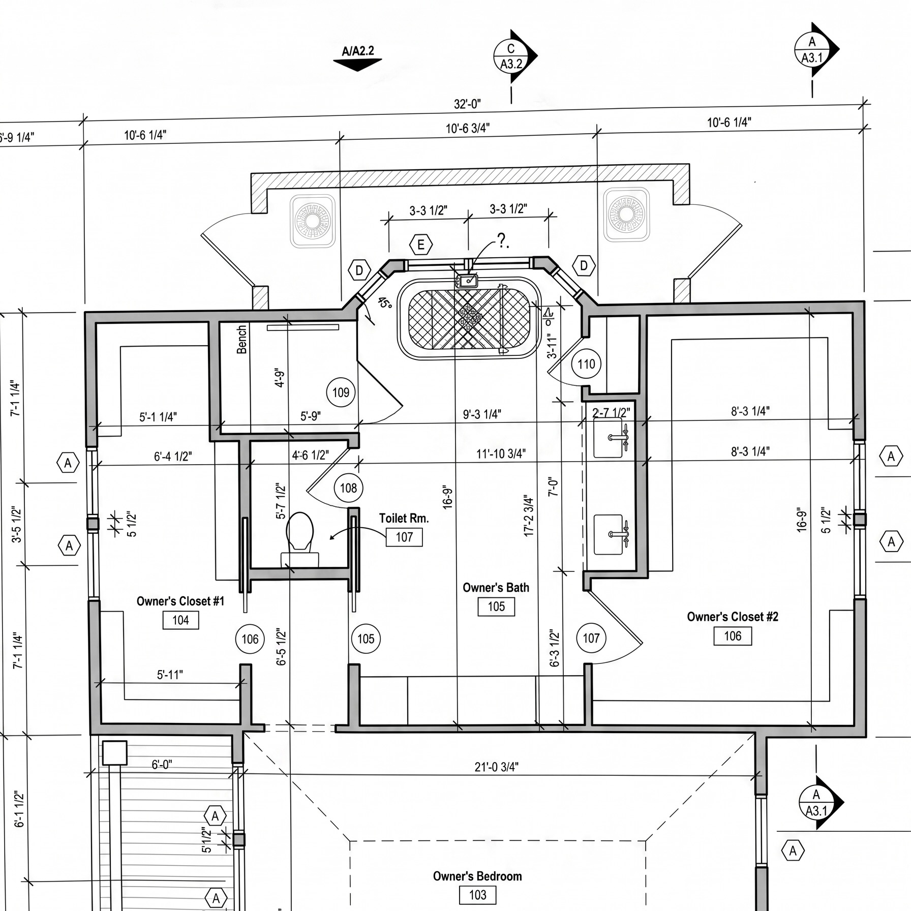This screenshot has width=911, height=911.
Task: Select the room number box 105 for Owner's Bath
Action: click(496, 606)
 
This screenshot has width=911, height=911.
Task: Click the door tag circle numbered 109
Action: click(341, 392)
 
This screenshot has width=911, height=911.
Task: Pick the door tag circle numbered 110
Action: click(586, 364)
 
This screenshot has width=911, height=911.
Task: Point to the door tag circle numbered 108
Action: click(348, 488)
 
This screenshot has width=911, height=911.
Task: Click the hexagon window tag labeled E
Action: click(421, 246)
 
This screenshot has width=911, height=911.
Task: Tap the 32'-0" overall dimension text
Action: click(467, 104)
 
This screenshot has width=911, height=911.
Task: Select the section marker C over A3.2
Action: click(511, 56)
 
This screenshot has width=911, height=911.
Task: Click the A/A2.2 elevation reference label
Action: click(358, 51)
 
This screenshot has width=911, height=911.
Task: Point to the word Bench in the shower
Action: click(242, 340)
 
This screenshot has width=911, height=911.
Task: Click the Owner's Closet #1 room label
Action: click(180, 601)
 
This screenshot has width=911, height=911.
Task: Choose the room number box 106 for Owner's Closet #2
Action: click(733, 636)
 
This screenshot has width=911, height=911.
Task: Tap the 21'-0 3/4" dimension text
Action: click(496, 767)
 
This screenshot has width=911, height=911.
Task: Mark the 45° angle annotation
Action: click(385, 303)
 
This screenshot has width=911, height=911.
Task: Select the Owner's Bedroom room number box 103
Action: click(477, 895)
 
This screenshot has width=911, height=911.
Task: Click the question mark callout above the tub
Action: click(502, 240)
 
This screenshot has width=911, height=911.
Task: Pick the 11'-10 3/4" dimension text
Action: click(501, 453)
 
